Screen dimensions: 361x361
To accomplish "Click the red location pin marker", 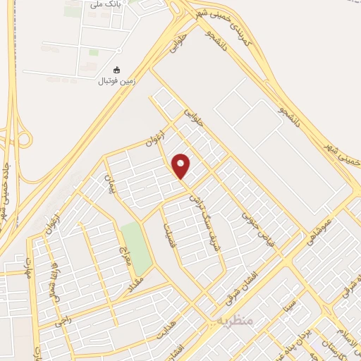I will (x=181, y=166).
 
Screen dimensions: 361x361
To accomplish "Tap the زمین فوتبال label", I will (x=117, y=81).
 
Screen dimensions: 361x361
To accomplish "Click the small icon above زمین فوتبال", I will (x=117, y=70).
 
